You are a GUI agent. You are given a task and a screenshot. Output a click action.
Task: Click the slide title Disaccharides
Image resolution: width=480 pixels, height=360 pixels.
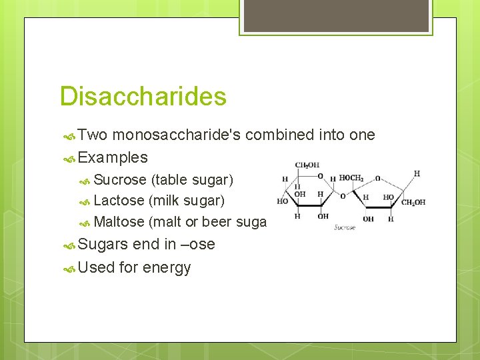[143, 97]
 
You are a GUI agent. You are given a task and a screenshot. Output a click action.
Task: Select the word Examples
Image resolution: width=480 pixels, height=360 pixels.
[113, 158]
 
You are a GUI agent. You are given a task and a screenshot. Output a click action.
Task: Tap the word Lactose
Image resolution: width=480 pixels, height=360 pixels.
[119, 201]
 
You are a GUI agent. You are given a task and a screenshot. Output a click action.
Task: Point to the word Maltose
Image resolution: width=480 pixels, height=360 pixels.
[119, 222]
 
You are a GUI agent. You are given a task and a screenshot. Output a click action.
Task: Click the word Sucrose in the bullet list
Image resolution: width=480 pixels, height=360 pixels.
[120, 179]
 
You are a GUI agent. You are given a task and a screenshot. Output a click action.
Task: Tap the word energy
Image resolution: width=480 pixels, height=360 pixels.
[167, 268]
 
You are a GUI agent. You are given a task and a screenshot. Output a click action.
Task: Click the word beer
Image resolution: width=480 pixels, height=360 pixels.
[217, 222]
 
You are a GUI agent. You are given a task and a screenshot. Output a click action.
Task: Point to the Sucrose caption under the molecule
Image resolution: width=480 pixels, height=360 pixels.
[344, 227]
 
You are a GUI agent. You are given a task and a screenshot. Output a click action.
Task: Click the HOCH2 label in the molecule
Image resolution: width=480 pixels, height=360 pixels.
[351, 178]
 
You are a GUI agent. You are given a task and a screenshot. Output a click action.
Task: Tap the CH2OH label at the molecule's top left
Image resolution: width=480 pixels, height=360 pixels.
[307, 165]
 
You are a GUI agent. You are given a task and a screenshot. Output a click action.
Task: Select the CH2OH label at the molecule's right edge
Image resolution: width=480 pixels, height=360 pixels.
[413, 203]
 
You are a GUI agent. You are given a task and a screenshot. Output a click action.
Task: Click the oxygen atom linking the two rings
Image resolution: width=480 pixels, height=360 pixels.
[343, 196]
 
